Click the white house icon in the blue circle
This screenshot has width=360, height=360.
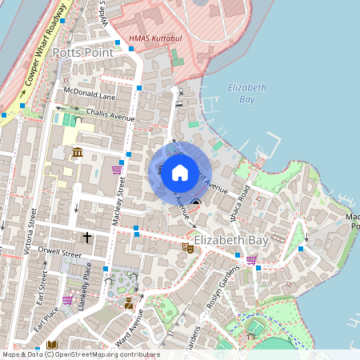tap(180, 172)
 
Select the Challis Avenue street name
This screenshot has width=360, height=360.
tap(110, 116)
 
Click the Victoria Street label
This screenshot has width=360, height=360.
tap(32, 232)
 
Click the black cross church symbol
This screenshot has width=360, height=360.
tap(87, 238)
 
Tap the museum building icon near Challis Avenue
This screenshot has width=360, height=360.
tap(78, 152)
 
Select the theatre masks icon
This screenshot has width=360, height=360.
tap(190, 249)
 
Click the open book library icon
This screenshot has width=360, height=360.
tap(51, 345)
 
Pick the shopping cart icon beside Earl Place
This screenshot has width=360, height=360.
tap(67, 301)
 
